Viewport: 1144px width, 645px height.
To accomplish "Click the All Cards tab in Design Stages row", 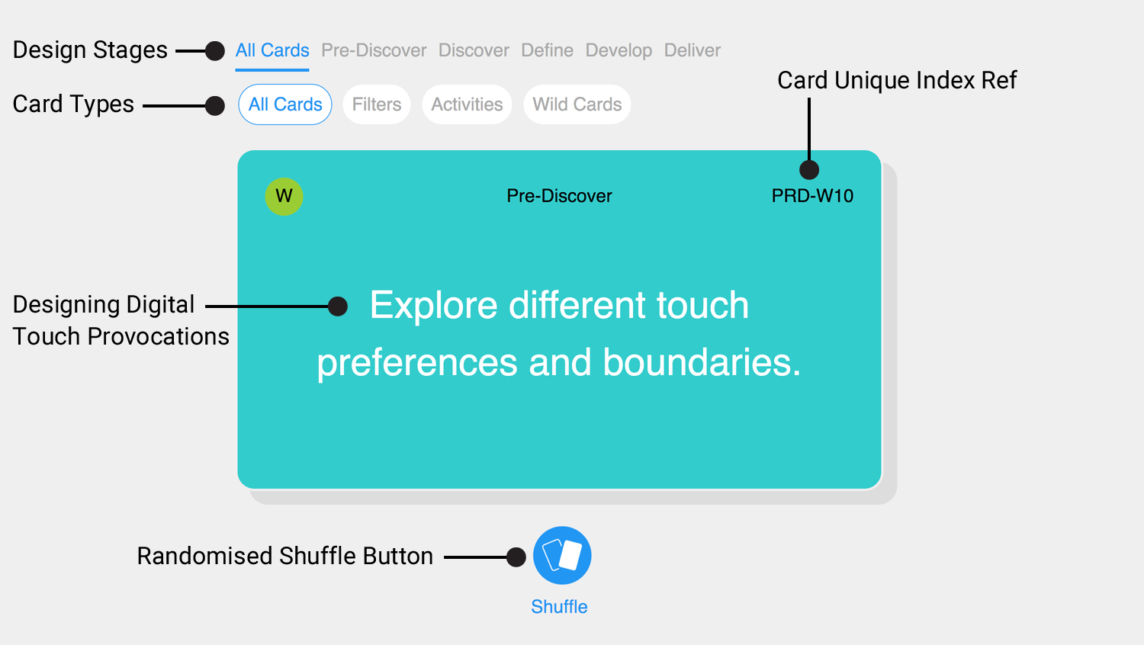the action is (272, 50).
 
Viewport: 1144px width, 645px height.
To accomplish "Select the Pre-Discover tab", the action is (374, 50).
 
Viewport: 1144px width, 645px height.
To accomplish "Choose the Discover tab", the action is (474, 50).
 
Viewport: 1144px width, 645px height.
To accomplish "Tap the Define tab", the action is (547, 50).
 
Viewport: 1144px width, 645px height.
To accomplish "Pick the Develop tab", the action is (619, 50).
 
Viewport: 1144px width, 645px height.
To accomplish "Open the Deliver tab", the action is (692, 50).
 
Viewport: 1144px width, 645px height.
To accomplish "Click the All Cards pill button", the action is (285, 104).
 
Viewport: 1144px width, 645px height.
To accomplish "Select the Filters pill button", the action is (377, 104).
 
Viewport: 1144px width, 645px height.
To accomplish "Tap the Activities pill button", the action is (467, 104).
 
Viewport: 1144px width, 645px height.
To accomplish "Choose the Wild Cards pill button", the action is (577, 104).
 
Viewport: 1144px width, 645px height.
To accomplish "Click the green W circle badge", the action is (284, 197).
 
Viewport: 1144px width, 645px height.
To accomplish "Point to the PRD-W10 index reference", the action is (812, 196).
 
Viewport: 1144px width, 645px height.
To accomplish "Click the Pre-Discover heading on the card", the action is (559, 196).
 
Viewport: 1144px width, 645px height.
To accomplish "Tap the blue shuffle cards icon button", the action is (562, 556).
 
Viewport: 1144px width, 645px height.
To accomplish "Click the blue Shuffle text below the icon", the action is (559, 607).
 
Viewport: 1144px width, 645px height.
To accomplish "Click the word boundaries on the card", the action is (701, 363).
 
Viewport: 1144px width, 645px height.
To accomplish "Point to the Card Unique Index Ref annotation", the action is (897, 81).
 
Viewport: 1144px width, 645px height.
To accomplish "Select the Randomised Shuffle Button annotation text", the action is (285, 556).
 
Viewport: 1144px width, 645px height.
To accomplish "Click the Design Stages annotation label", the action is (90, 50).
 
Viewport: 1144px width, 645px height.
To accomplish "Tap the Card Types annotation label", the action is (73, 104).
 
